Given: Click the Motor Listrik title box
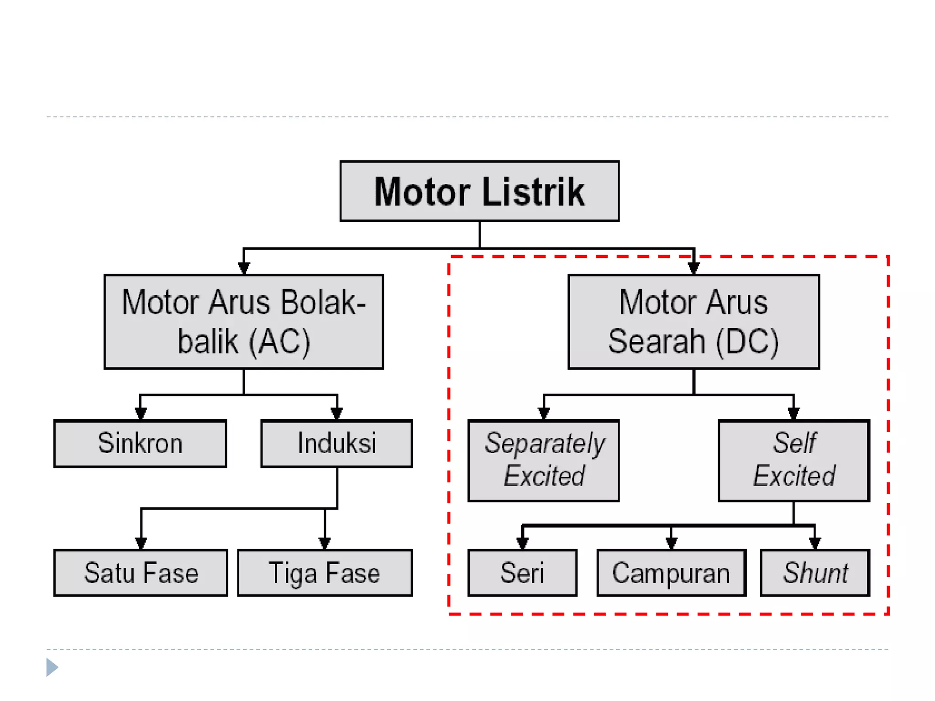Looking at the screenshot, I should [479, 191].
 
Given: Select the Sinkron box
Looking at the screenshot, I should [140, 444].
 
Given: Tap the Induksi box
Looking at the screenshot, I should [336, 444].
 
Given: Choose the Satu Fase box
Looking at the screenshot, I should [141, 573].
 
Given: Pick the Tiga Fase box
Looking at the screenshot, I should [325, 573].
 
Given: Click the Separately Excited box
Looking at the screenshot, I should [543, 460].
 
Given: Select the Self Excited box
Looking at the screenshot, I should [793, 460].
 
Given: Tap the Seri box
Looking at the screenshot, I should [522, 573].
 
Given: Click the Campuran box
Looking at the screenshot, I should [671, 573].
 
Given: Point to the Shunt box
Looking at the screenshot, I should [815, 573].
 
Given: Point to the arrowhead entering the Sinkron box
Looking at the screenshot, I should [141, 413].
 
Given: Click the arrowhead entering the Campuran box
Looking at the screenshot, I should [671, 543].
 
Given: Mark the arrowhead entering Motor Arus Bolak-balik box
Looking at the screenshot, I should [244, 268].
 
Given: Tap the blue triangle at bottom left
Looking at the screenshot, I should [52, 667].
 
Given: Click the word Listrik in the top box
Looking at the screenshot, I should [533, 192].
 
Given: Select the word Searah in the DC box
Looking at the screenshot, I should [657, 341].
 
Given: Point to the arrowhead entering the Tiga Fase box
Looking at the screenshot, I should [325, 543].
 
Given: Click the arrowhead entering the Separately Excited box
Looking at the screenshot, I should [544, 413].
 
